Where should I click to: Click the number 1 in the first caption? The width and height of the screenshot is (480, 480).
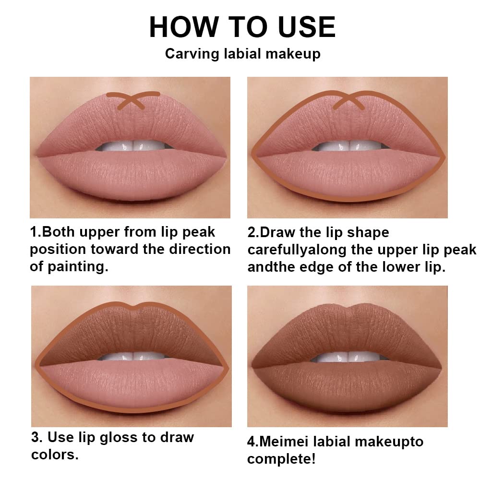[x=34, y=232]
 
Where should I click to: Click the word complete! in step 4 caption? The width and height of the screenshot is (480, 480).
[x=281, y=459]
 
